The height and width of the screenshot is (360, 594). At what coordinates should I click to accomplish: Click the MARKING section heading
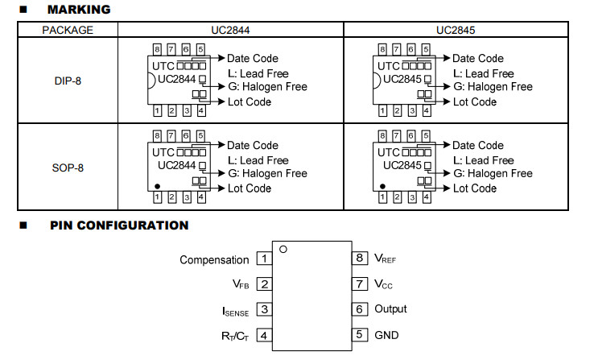click(79, 10)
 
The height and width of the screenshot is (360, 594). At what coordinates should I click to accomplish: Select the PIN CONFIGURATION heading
click(119, 226)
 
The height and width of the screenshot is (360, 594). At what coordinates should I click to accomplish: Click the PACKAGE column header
click(68, 30)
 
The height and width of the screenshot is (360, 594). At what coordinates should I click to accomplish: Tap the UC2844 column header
click(230, 30)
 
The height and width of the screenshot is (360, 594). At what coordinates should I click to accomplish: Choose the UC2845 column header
click(456, 30)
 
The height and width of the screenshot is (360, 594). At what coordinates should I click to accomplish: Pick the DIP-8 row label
click(68, 81)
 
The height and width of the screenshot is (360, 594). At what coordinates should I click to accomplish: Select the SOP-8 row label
click(68, 168)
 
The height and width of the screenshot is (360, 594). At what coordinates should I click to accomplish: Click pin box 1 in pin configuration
click(265, 259)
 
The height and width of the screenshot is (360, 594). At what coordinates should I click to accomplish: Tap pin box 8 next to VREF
click(360, 258)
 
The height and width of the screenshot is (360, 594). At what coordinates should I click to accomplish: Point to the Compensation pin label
click(214, 260)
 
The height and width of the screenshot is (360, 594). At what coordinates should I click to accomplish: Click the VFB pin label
click(241, 284)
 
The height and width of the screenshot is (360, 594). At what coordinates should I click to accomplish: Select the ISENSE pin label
click(235, 311)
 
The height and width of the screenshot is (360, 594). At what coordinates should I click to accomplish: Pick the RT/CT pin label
click(235, 336)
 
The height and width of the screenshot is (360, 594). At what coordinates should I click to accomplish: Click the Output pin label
click(390, 308)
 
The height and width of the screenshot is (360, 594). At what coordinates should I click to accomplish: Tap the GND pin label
click(386, 335)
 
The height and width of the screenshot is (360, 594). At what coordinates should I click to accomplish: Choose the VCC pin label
click(383, 284)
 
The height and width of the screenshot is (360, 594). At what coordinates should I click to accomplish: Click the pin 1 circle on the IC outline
click(283, 250)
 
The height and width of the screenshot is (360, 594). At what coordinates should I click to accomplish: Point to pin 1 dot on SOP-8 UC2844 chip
click(157, 186)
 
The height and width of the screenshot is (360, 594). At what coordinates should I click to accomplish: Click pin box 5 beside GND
click(360, 335)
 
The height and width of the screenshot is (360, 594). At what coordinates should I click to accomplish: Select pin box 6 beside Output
click(360, 309)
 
